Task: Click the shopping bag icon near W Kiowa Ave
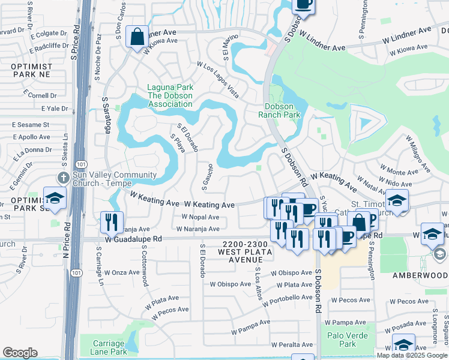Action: point(137,36)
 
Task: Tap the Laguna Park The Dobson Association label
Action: point(170,96)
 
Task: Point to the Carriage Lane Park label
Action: point(109,347)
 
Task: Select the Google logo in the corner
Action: point(20,353)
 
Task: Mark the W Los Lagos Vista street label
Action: point(218,80)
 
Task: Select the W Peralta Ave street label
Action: point(292,345)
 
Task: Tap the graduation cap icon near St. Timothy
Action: point(397,200)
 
